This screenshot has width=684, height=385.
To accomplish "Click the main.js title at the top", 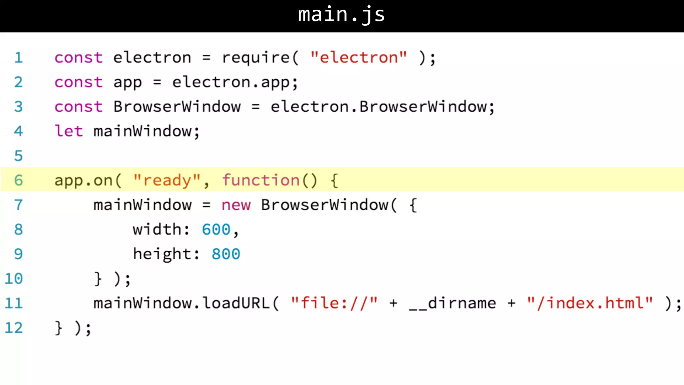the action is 341,15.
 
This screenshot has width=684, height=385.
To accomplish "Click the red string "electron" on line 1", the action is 359,57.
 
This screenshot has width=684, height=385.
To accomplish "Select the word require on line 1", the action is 256,58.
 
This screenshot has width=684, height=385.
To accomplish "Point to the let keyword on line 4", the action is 68,131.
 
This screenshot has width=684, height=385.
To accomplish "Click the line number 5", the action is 18,156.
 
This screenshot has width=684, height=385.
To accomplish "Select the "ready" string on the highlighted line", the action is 167,180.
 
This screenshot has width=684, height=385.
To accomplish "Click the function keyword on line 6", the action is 261,180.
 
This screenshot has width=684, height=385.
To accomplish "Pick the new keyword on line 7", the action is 236,205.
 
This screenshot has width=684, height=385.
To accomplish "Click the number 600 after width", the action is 216,230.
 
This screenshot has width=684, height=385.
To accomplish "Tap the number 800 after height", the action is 226,254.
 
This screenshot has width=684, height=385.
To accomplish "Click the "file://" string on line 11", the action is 334,303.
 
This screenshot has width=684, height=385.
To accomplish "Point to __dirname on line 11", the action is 453,303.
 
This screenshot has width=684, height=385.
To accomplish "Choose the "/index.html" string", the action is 590,303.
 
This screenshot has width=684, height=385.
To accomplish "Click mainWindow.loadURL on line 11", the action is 181,303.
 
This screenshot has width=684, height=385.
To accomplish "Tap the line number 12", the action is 14,328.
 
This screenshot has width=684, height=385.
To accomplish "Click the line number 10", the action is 14,279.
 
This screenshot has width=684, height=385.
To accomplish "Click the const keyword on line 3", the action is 78,107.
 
